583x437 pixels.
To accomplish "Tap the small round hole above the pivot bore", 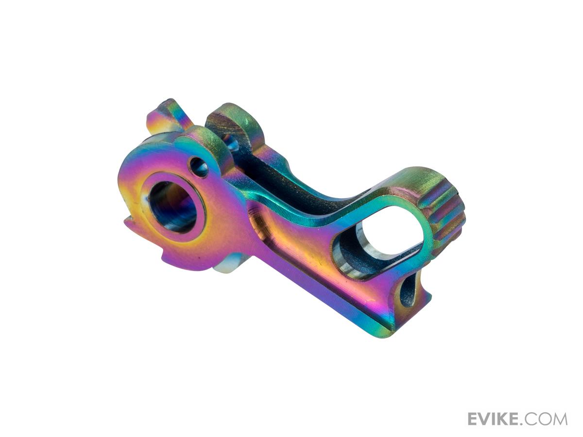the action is point(199,167).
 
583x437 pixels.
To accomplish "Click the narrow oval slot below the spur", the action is point(406,295).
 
